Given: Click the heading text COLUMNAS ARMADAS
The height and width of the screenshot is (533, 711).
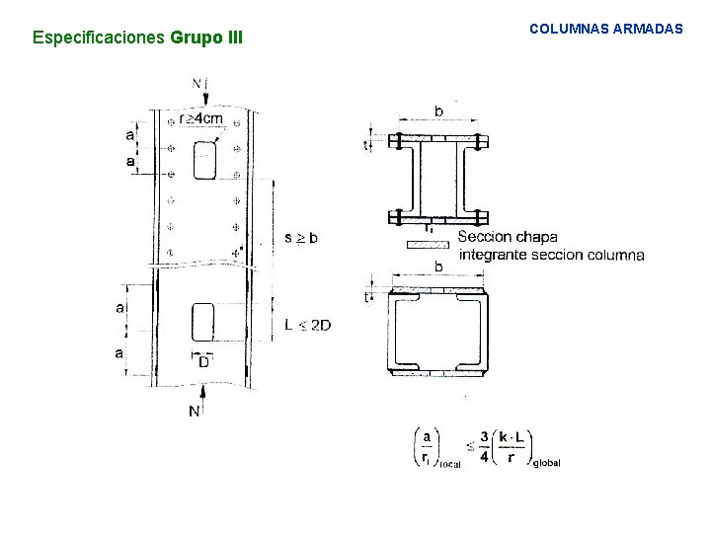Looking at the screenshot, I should [605, 30].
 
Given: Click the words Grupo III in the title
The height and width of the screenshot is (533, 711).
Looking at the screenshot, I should [205, 38].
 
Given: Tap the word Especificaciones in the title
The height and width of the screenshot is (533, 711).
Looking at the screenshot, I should [99, 38].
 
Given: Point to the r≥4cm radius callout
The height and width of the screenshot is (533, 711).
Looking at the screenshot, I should [200, 118].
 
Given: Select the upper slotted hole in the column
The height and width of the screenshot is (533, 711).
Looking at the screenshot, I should [205, 160].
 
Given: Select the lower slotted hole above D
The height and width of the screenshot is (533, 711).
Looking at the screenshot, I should [202, 323].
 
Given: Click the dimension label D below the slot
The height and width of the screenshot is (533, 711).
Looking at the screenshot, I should [203, 363].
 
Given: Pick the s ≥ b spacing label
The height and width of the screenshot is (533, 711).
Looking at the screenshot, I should [300, 238].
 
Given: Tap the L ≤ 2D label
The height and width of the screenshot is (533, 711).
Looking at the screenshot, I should [307, 325].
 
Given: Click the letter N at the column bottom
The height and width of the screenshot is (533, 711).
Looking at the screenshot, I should [195, 410].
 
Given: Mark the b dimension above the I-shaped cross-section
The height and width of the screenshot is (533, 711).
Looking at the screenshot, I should [438, 110].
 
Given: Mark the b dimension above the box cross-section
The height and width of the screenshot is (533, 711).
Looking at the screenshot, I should [438, 267].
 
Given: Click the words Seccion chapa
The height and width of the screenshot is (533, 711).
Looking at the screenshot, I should [508, 237].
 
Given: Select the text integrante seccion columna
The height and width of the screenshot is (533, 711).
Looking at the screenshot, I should [551, 255].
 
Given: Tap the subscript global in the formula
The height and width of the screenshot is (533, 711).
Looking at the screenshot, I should [546, 463].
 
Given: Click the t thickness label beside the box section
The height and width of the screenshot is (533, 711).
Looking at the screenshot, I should [366, 297].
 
